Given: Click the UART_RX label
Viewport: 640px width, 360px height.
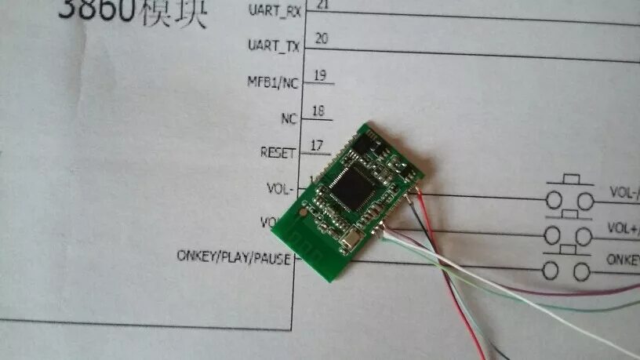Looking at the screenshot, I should click(x=274, y=10).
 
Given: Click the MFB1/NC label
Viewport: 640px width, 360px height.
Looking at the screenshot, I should click(x=272, y=81).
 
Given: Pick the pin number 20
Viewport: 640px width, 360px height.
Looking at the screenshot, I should click(x=321, y=38).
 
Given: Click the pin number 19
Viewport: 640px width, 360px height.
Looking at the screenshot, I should click(x=319, y=75).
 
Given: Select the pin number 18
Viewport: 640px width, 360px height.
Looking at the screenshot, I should click(x=318, y=111).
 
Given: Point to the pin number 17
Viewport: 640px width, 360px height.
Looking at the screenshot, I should click(x=317, y=145).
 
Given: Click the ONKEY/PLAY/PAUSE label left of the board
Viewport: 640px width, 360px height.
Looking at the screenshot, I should click(x=234, y=256).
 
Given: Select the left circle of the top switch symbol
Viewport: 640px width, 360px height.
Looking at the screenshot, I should click(x=555, y=196).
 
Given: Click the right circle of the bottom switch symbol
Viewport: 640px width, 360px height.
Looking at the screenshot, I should click(x=581, y=271).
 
